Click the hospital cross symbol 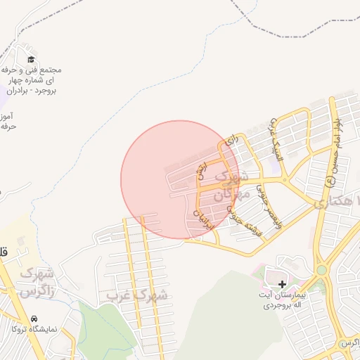click(282, 284)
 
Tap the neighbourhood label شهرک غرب click(137, 296)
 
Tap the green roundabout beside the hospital click(321, 269)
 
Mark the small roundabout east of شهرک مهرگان click(284, 180)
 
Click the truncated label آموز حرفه click(8, 120)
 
